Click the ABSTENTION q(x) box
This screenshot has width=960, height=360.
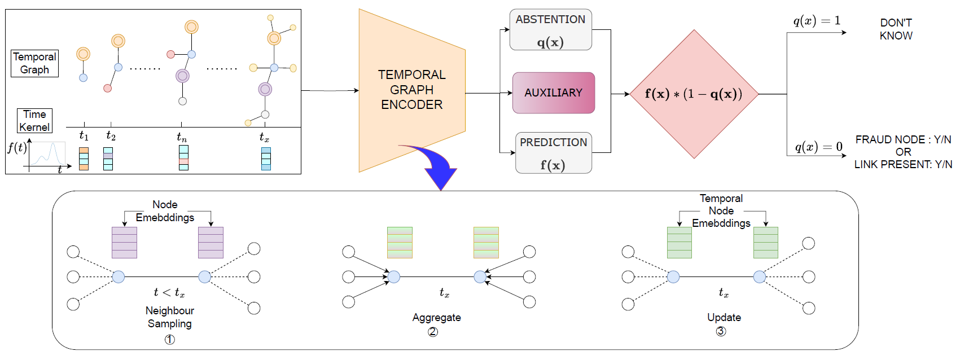click(550, 30)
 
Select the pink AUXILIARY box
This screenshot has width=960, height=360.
click(553, 93)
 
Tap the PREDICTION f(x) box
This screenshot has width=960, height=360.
click(553, 153)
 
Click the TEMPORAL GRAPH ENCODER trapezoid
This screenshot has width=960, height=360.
click(411, 90)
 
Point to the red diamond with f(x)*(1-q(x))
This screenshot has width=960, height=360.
click(694, 94)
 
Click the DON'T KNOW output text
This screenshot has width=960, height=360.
click(896, 29)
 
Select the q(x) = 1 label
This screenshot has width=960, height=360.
click(817, 21)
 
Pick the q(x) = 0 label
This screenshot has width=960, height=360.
click(818, 147)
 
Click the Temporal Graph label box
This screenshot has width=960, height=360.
click(34, 63)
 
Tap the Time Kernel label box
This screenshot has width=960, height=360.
click(34, 121)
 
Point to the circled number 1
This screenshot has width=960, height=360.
click(169, 339)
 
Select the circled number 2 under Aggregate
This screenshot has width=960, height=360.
click(433, 332)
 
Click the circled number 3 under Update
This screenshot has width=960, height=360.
click(721, 331)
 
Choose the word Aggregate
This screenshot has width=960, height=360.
click(436, 318)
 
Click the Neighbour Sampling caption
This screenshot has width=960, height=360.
click(169, 317)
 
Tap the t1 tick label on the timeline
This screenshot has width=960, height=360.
click(84, 136)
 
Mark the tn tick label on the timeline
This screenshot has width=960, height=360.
click(181, 137)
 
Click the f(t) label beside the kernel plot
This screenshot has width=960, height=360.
click(17, 148)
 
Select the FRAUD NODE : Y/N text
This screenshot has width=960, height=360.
click(903, 139)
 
